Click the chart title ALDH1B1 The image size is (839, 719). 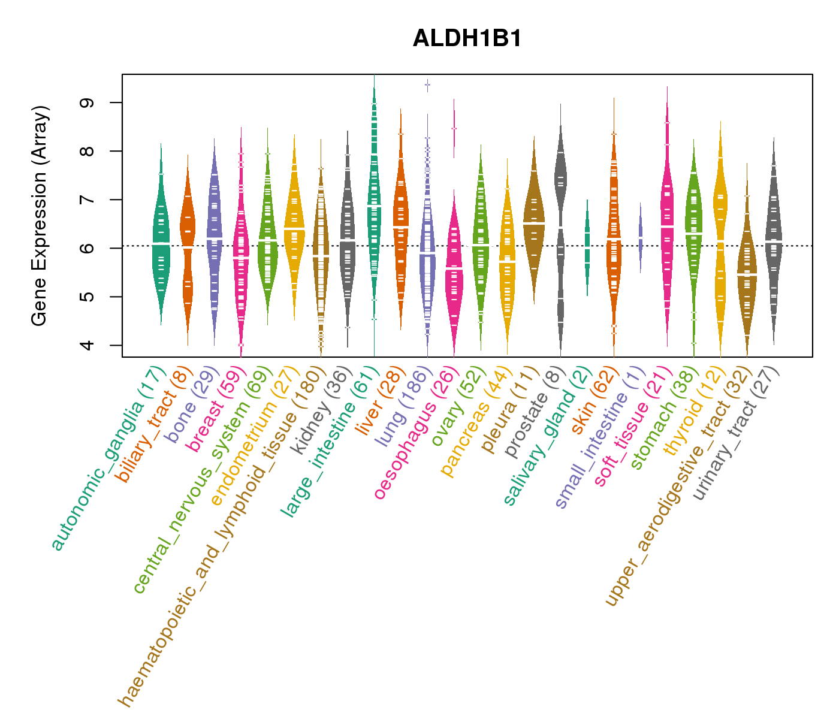pyautogui.click(x=467, y=39)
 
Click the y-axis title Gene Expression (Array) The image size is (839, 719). pyautogui.click(x=40, y=216)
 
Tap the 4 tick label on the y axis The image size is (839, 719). pyautogui.click(x=87, y=345)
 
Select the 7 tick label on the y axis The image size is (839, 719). pyautogui.click(x=87, y=200)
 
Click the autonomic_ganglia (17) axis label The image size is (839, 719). pyautogui.click(x=108, y=458)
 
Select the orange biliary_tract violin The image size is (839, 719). pyautogui.click(x=188, y=240)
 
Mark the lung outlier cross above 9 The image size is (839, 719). pyautogui.click(x=427, y=84)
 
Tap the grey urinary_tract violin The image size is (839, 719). pyautogui.click(x=774, y=240)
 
